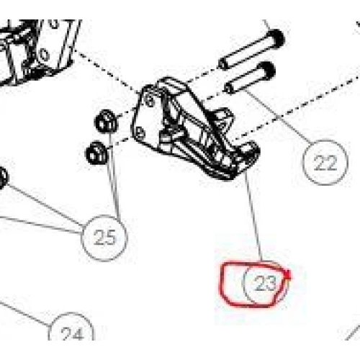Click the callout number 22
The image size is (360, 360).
click(x=325, y=163)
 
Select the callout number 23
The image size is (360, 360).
click(x=265, y=283)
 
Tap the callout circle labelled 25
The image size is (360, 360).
click(x=104, y=238)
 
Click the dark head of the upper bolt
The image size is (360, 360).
click(x=276, y=40)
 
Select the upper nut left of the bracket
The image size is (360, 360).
click(x=106, y=121)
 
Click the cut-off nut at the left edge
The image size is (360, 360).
click(x=3, y=179)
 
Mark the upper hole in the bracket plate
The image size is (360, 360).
click(x=150, y=99)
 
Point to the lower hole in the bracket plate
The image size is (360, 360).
click(x=140, y=132)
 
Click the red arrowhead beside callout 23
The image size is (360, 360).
click(x=288, y=275)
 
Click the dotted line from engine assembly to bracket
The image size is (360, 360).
click(x=107, y=71)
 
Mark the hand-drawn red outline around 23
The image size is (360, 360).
click(x=220, y=283)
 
